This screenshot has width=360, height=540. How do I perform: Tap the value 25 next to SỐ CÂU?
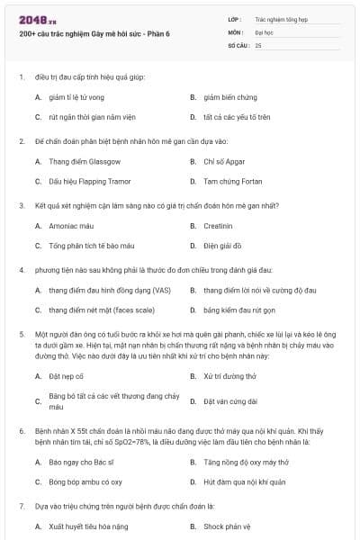pyautogui.click(x=258, y=44)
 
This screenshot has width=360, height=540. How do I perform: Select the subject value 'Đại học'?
pyautogui.click(x=265, y=31)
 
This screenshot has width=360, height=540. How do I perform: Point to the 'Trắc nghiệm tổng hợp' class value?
pyautogui.click(x=280, y=18)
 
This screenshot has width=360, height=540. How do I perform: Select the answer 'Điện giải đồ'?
pyautogui.click(x=222, y=245)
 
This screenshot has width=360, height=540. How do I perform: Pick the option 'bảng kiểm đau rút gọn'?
pyautogui.click(x=238, y=310)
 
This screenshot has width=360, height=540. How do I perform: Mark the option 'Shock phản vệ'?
pyautogui.click(x=227, y=526)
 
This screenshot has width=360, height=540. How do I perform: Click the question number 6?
pyautogui.click(x=21, y=431)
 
